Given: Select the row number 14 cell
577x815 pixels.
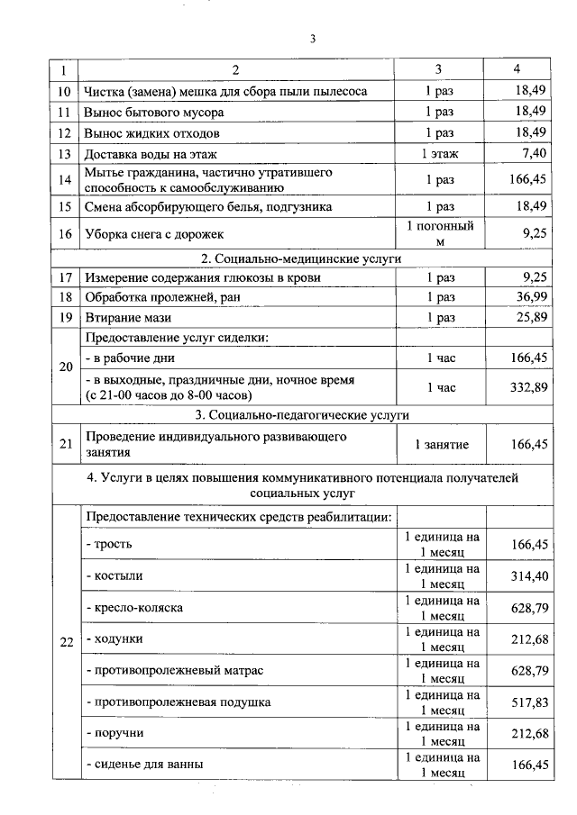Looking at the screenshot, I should (64, 180).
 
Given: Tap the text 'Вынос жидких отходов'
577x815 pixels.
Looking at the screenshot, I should (151, 133).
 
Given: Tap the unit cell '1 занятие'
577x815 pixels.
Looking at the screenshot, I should (440, 444).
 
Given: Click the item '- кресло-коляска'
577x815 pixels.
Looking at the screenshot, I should (134, 607).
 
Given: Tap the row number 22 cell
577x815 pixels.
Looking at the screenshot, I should (64, 640).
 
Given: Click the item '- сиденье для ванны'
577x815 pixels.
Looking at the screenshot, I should (144, 765).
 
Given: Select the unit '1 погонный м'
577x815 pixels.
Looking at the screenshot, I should (440, 233).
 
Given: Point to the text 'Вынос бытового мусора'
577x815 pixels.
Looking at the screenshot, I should (153, 113).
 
